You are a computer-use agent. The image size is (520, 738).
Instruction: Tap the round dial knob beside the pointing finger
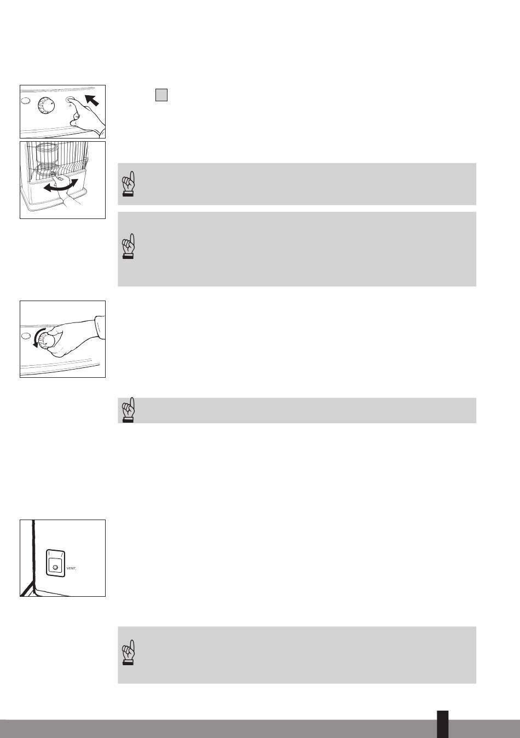46,106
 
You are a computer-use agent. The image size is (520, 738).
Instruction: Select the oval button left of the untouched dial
26,100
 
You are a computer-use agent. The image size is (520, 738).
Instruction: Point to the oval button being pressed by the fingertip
71,100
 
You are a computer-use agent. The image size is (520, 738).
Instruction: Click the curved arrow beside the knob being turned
36,339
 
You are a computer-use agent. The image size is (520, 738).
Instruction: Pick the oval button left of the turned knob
26,336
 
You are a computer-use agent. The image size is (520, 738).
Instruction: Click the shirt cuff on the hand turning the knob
100,326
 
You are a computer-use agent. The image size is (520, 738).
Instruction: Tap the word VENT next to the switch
71,568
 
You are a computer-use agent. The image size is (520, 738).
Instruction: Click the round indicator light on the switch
55,567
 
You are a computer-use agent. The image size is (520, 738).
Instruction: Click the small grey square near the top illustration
161,95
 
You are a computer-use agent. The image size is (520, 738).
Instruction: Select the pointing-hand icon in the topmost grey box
129,184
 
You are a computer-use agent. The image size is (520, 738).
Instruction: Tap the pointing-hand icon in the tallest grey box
129,246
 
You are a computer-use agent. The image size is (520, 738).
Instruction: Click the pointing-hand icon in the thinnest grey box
129,410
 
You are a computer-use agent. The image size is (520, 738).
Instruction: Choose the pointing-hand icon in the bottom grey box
129,653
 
